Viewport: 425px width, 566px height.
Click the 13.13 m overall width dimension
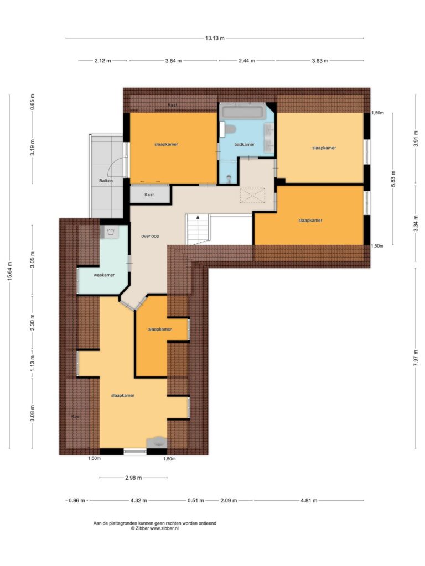tap(215, 38)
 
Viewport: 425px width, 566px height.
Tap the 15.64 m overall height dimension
tap(10, 271)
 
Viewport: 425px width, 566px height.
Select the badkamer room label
tap(244, 144)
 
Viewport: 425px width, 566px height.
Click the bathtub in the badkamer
tap(243, 111)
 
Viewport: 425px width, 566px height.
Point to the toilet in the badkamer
tap(228, 129)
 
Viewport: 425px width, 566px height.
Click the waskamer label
tap(104, 275)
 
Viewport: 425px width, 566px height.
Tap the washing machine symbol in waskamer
tap(111, 232)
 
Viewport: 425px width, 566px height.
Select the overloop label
tap(150, 236)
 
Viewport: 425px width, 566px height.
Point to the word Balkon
tap(106, 181)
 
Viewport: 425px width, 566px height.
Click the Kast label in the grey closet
tap(149, 195)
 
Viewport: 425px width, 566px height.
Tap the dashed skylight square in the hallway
tap(252, 195)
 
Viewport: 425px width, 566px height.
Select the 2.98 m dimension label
tap(133, 478)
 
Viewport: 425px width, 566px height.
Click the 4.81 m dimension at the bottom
tap(309, 500)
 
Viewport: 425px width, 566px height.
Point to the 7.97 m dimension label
tap(416, 358)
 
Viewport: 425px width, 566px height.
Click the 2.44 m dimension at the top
tap(247, 61)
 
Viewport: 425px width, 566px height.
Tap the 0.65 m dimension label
tap(33, 102)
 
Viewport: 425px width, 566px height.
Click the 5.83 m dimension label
tap(393, 179)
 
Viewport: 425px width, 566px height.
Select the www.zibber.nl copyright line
tap(155, 528)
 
